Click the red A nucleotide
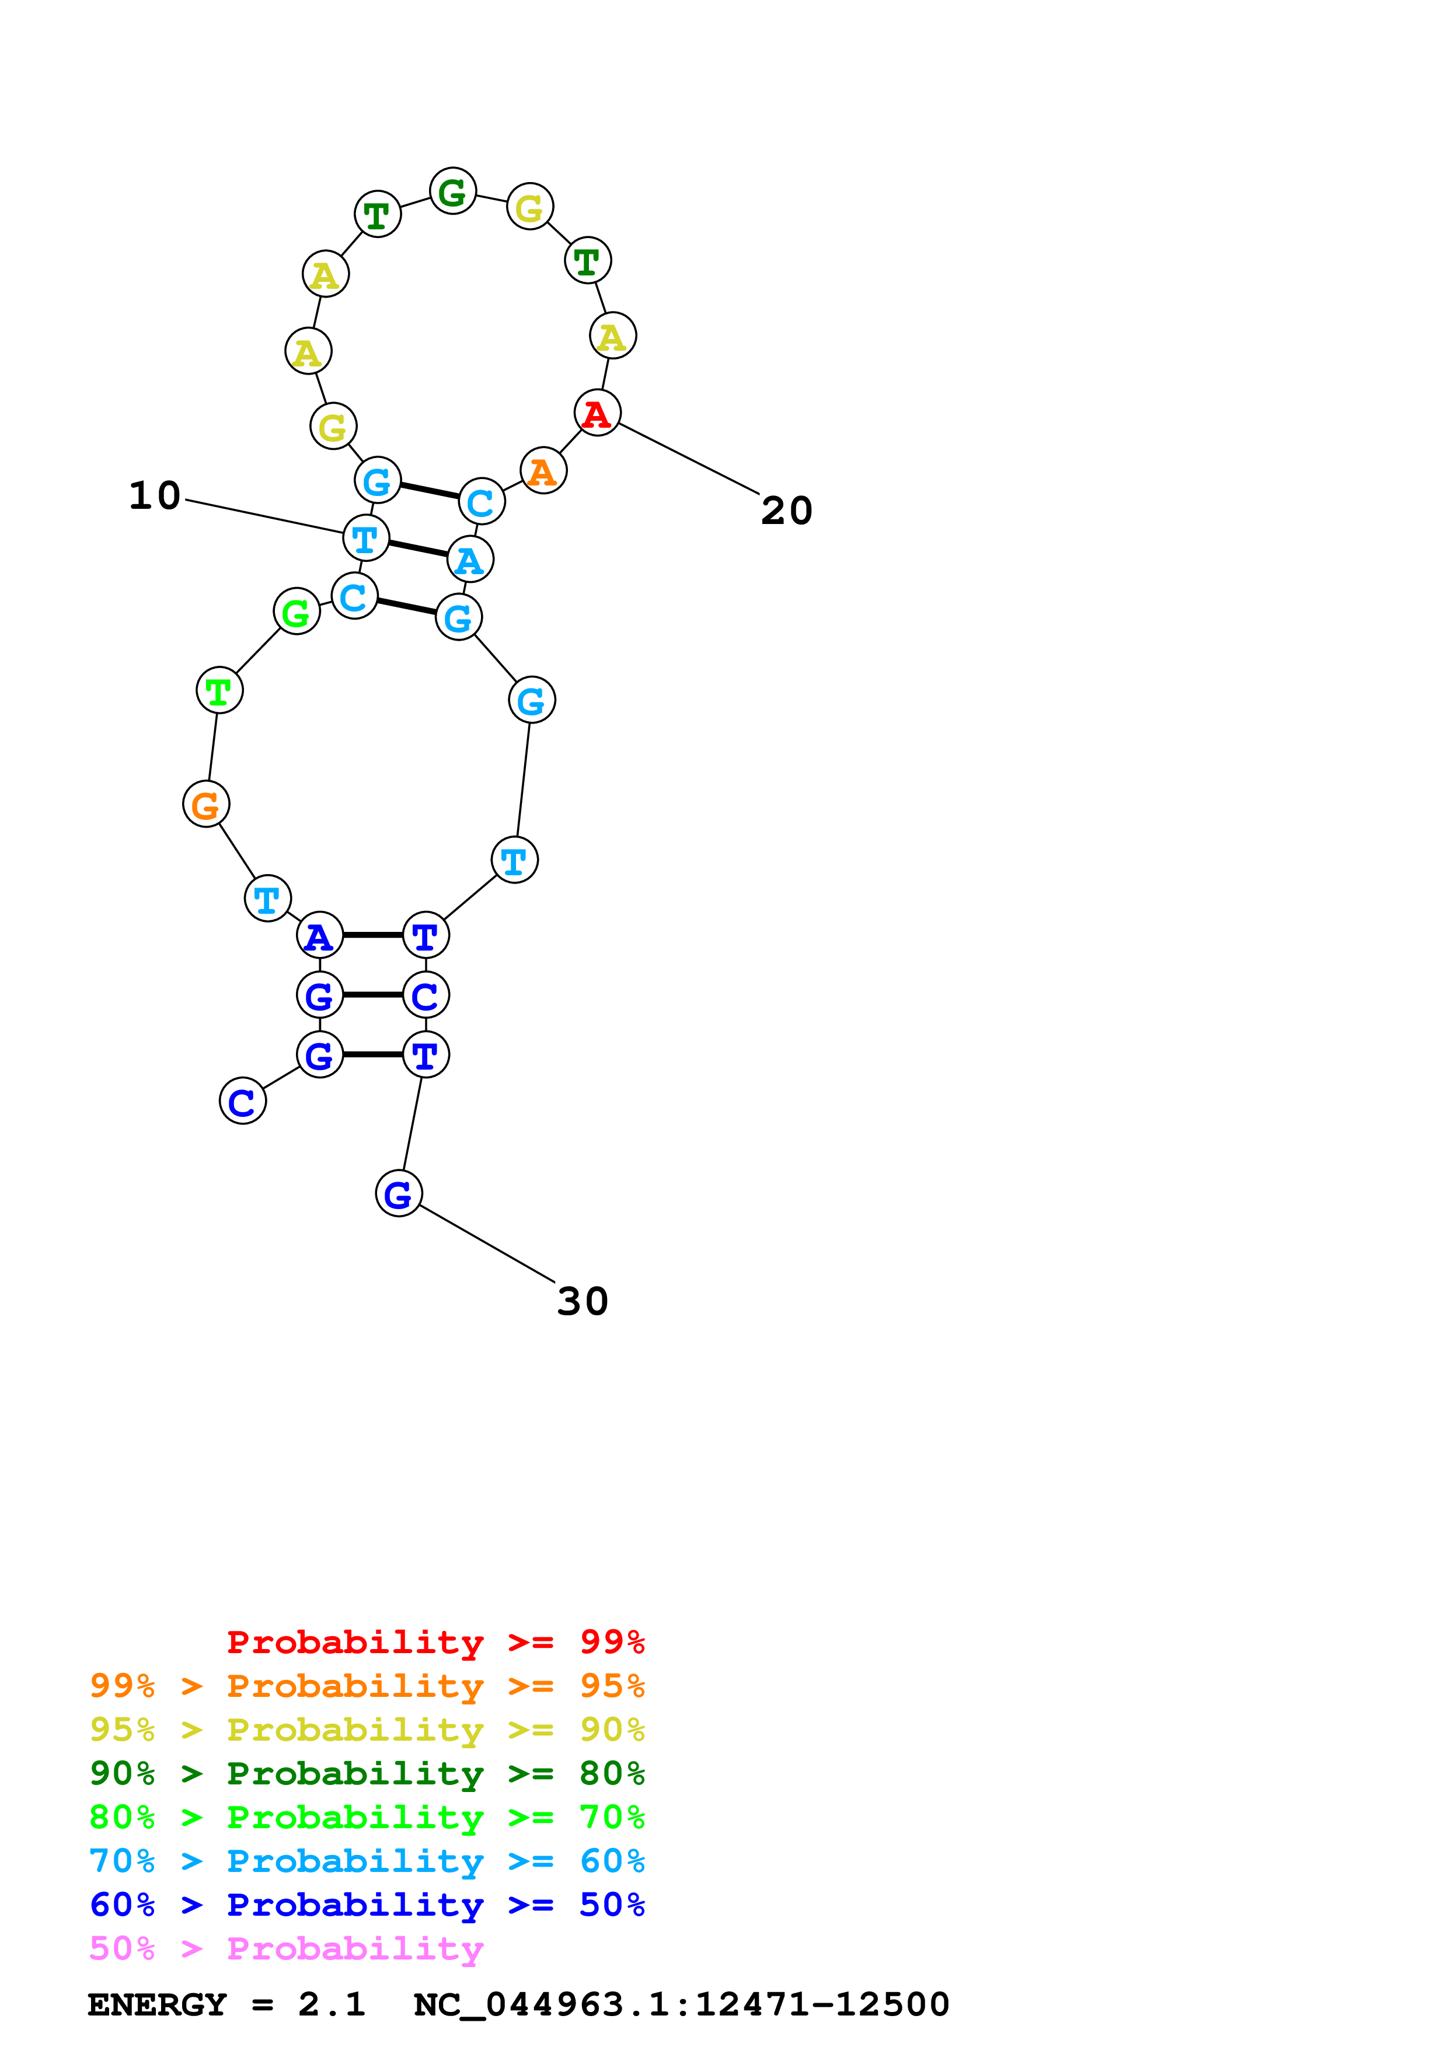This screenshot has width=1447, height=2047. click(597, 413)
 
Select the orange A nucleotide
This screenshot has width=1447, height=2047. click(543, 471)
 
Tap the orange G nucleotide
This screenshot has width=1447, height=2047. click(206, 804)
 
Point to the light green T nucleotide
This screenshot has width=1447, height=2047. click(219, 690)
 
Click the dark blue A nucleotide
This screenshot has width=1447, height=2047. click(319, 935)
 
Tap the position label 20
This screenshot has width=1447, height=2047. click(786, 511)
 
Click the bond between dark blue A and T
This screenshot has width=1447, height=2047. click(372, 935)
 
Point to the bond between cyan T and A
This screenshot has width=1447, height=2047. click(417, 549)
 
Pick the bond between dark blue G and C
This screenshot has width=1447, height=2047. click(372, 994)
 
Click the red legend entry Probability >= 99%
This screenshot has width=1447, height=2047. click(435, 1641)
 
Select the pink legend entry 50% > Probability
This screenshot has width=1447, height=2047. click(286, 1949)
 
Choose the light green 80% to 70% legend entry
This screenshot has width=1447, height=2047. click(367, 1817)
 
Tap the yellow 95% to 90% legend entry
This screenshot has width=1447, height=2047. click(367, 1730)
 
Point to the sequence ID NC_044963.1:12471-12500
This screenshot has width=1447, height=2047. click(681, 2004)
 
